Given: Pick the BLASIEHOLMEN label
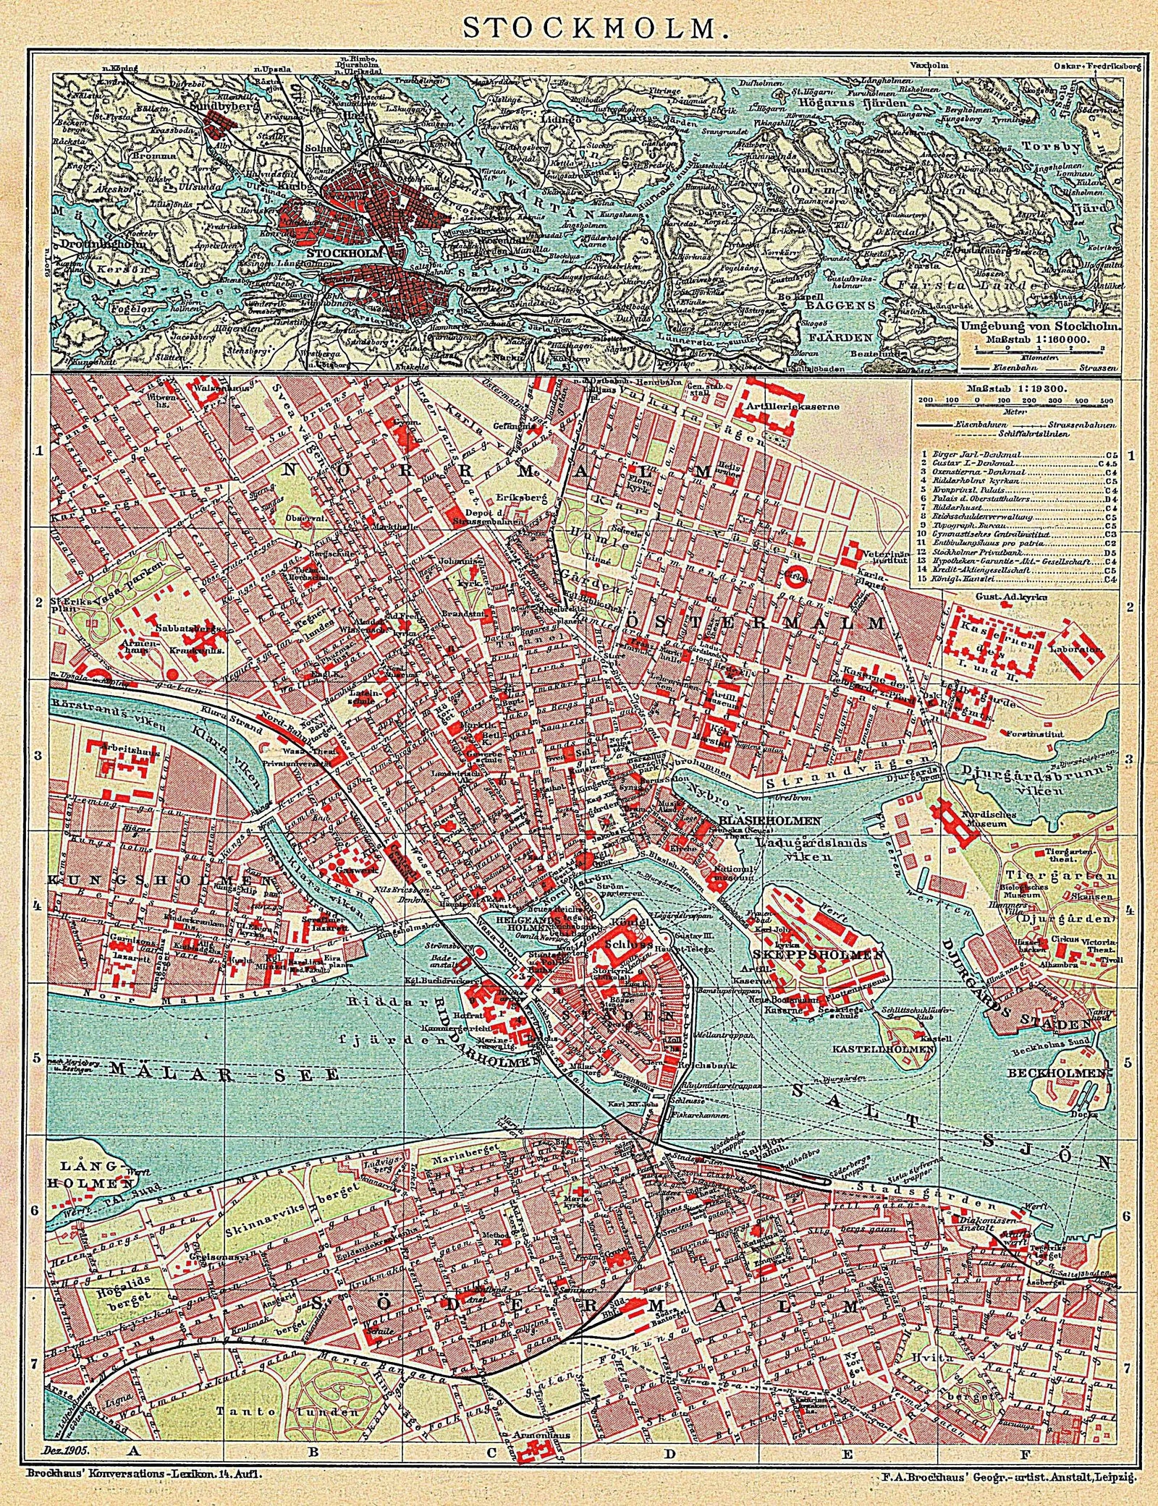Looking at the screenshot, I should click(x=769, y=820).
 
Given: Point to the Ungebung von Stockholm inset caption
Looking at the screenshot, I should click(x=1039, y=327).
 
